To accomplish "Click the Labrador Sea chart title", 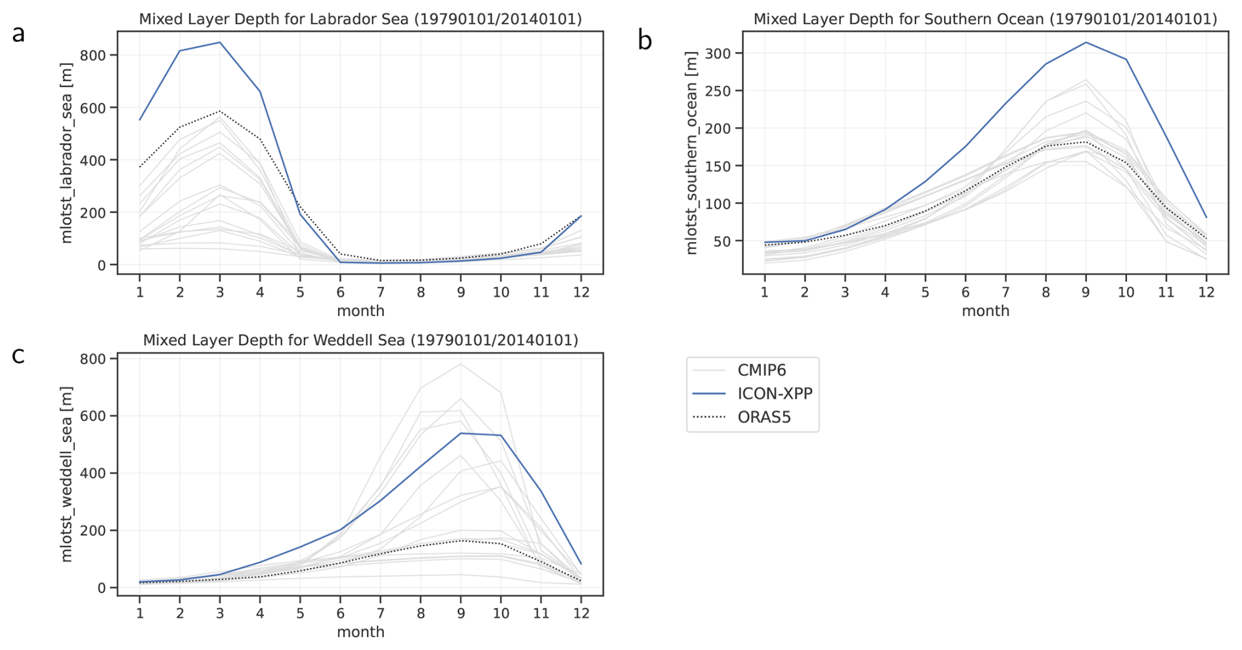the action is point(360,19).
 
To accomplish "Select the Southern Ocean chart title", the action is point(985,19).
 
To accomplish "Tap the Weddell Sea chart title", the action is point(360,340).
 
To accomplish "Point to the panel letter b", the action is point(645,40).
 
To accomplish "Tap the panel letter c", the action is point(18,355).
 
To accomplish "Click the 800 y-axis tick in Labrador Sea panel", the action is point(93,55).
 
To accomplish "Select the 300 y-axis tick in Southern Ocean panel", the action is point(717,53).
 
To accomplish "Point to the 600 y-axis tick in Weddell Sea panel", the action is point(93,416).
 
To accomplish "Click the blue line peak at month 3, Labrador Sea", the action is point(220,43).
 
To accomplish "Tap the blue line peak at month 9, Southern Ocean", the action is point(1086,43).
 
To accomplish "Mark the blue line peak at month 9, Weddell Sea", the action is point(461,433).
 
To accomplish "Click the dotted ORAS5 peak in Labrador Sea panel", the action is point(220,111).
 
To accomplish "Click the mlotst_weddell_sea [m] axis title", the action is point(66,474).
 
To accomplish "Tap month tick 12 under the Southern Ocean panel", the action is point(1206,292).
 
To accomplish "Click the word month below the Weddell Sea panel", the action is point(360,632).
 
